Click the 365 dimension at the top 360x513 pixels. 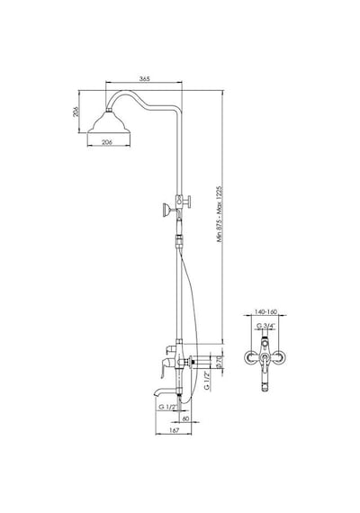pyautogui.click(x=144, y=79)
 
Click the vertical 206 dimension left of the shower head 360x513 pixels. pyautogui.click(x=76, y=112)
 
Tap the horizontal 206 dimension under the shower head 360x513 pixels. pyautogui.click(x=107, y=142)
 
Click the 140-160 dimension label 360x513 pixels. pyautogui.click(x=265, y=312)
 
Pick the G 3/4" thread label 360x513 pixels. pyautogui.click(x=265, y=326)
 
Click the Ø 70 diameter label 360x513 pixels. pyautogui.click(x=220, y=363)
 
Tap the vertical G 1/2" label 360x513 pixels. pyautogui.click(x=207, y=382)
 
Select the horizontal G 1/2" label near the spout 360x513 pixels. pyautogui.click(x=168, y=408)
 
